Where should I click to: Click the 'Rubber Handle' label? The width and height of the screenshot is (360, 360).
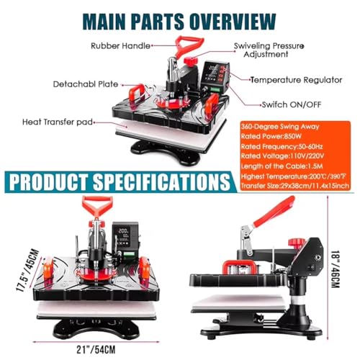(x=120, y=45)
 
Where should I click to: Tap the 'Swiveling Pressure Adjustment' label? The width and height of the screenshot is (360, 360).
(x=269, y=50)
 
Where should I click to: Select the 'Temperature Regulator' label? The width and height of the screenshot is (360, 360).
(x=296, y=80)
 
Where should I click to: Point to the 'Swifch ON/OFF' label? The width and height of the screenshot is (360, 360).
(x=292, y=104)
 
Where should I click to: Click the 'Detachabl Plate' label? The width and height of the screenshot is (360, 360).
(x=86, y=84)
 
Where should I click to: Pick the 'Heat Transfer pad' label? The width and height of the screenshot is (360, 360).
(x=58, y=122)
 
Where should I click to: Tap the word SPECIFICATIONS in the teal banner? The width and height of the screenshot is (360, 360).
(x=162, y=181)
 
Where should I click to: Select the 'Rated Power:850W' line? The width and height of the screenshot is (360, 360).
(x=271, y=136)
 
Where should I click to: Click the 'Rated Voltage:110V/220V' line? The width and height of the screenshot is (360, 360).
(x=282, y=156)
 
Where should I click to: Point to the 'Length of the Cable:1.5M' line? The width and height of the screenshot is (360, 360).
(x=282, y=166)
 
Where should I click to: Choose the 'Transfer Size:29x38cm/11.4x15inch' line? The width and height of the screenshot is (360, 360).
(x=295, y=186)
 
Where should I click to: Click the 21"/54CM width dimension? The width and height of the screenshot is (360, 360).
(x=96, y=350)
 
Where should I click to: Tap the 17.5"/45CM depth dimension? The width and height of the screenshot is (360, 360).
(x=27, y=271)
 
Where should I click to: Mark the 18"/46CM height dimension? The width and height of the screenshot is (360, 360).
(x=335, y=269)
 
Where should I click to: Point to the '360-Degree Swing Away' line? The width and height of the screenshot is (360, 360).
(x=280, y=127)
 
